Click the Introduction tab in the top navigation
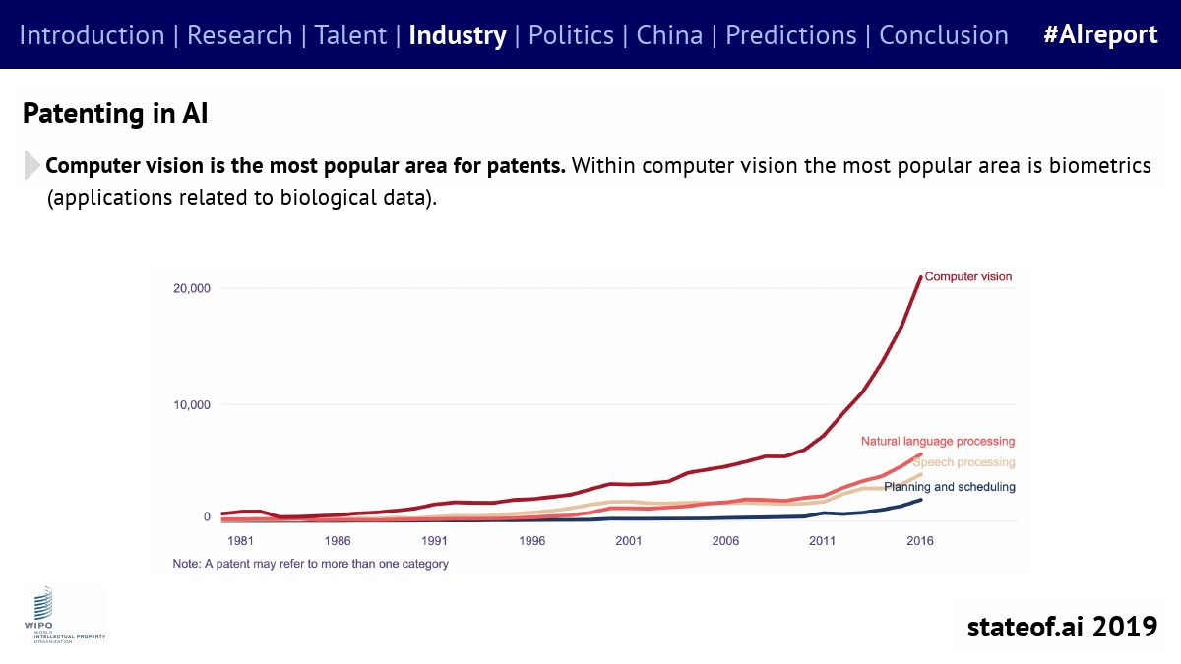[x=92, y=35]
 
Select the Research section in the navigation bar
[x=239, y=35]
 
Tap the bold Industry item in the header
[x=457, y=35]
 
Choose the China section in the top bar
[x=669, y=35]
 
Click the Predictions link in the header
[x=791, y=35]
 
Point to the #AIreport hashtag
[x=1100, y=35]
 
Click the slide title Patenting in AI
[x=114, y=113]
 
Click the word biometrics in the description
[x=1092, y=165]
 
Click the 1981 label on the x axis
[x=241, y=541]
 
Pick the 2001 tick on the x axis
[x=629, y=541]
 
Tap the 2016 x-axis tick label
[x=920, y=541]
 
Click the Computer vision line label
[x=967, y=277]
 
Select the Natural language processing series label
[x=938, y=442]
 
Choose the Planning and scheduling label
[x=950, y=487]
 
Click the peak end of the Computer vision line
[x=920, y=277]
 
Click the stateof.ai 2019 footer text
[x=1062, y=626]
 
